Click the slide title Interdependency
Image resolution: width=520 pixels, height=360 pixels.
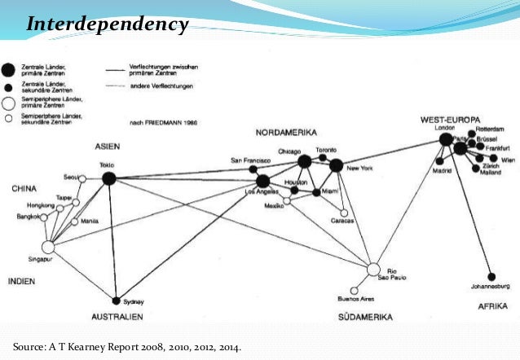107,25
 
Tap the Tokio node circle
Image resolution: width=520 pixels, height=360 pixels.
108,180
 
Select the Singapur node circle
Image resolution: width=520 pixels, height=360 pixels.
47,247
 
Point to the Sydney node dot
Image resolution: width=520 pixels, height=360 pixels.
117,300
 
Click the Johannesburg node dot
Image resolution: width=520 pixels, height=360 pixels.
491,276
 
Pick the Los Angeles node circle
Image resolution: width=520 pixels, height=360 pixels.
263,181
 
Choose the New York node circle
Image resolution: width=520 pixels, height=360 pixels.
336,165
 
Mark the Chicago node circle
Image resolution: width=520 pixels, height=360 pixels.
305,162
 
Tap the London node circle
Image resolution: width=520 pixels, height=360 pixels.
445,140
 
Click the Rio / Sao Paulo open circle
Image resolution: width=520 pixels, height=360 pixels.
373,269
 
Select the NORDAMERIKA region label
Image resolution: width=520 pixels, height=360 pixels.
285,133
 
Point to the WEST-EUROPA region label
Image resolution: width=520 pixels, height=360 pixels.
451,119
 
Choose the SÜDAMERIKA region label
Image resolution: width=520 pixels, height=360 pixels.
364,316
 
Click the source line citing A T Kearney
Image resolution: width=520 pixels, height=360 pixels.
127,347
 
